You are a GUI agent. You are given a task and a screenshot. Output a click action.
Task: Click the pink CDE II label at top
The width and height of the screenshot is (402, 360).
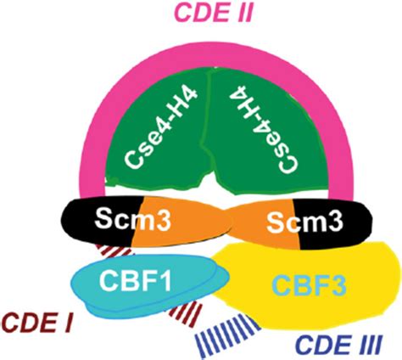pyautogui.click(x=201, y=14)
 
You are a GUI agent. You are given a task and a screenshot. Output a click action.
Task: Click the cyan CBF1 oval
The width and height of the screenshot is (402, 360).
pyautogui.click(x=102, y=293)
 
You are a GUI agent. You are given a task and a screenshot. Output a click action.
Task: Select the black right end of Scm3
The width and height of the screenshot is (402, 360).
pyautogui.click(x=348, y=225)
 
